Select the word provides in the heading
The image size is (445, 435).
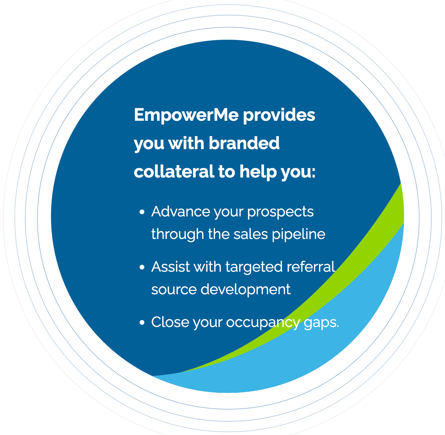pos(279,116)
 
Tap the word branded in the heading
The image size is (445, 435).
pos(244,143)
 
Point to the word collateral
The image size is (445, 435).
pos(174,171)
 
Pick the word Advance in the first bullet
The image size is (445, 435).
pos(181,211)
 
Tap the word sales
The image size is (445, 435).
pos(250,234)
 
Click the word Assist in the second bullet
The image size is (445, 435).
pos(171,267)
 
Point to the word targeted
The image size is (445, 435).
pos(254,268)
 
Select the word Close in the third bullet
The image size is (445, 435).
pos(170,322)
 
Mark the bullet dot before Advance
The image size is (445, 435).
pos(142,212)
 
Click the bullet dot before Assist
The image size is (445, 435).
pos(142,267)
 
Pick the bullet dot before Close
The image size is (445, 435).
pos(142,323)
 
